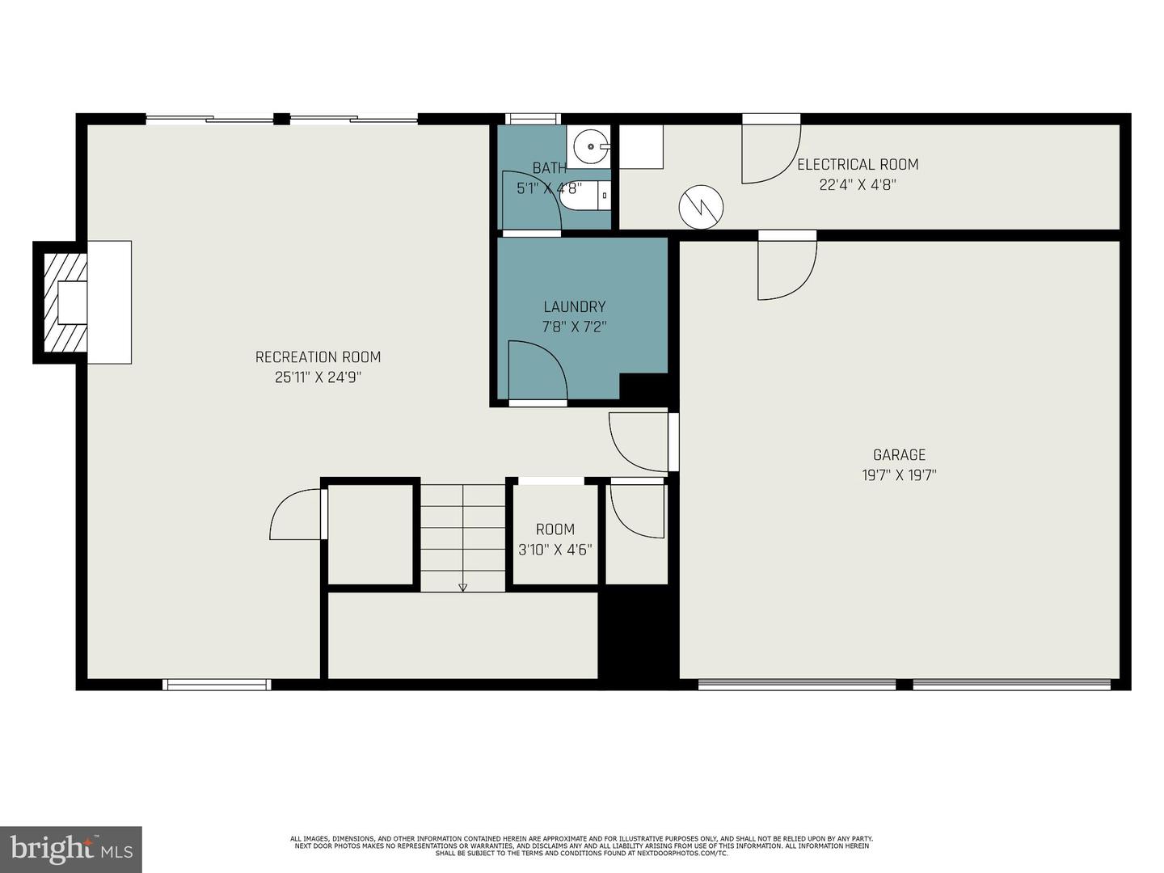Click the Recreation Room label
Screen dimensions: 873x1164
(x=318, y=357)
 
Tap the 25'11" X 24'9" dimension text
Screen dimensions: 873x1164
(x=318, y=377)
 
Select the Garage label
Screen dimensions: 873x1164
(x=899, y=455)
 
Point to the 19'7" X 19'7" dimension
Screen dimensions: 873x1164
(x=899, y=475)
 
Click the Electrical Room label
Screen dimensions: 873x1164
(x=858, y=165)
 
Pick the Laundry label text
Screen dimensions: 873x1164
(x=574, y=307)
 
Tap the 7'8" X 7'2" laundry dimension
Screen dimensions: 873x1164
(x=574, y=327)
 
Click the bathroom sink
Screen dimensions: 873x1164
(x=590, y=146)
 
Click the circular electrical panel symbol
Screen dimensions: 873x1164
(x=701, y=207)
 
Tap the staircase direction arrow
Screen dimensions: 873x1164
(x=462, y=587)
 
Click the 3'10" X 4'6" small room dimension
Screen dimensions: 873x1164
(x=555, y=550)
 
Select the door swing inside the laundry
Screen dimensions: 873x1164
(x=535, y=370)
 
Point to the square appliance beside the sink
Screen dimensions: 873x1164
(x=641, y=146)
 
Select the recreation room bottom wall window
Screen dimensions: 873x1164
(x=217, y=685)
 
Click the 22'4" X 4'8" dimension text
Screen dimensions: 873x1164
(x=858, y=185)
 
